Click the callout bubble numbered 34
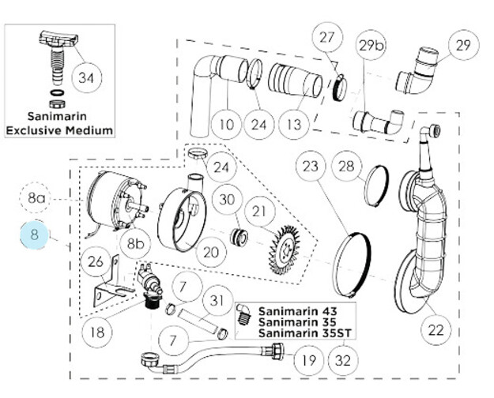click(x=87, y=77)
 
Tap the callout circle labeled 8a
click(x=36, y=199)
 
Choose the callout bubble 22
click(x=436, y=330)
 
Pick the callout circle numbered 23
click(x=311, y=167)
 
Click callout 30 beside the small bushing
click(x=228, y=199)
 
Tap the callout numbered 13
click(x=294, y=124)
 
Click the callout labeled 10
click(x=227, y=124)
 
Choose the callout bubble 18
click(x=97, y=332)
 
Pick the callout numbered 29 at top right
click(x=462, y=46)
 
